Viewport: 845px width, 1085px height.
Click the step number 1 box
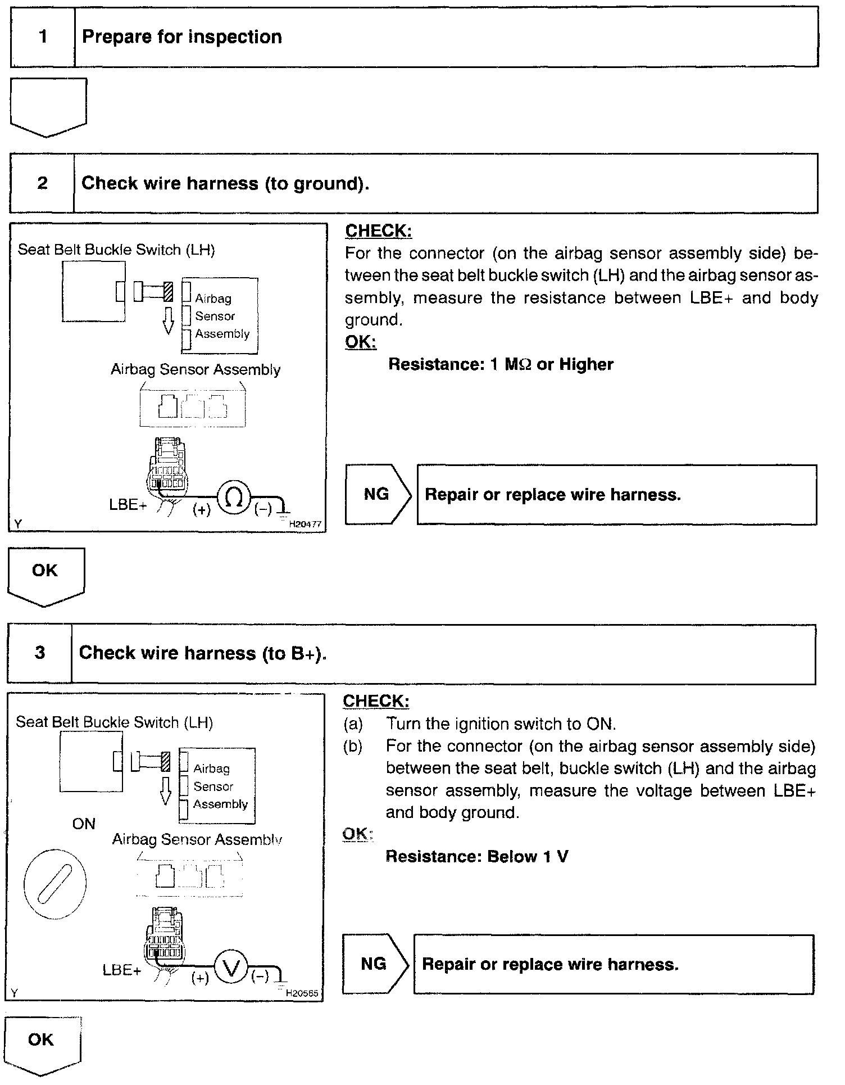(43, 37)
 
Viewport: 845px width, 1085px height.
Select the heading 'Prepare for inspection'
(182, 37)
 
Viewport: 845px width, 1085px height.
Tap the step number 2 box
(42, 183)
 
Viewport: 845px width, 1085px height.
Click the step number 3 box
(40, 653)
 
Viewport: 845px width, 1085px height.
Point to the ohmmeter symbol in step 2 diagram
(234, 496)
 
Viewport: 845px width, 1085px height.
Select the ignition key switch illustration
(55, 884)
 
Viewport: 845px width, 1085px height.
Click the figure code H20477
(305, 524)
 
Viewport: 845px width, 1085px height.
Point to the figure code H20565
(302, 993)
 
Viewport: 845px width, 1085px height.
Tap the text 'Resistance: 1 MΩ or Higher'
(501, 364)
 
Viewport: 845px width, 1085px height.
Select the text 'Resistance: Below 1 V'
(477, 856)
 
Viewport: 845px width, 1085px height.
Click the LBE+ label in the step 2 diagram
(128, 504)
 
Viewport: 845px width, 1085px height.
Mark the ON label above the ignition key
(84, 824)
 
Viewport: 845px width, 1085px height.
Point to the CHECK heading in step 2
(378, 230)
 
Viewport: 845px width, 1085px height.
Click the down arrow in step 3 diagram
(165, 791)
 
